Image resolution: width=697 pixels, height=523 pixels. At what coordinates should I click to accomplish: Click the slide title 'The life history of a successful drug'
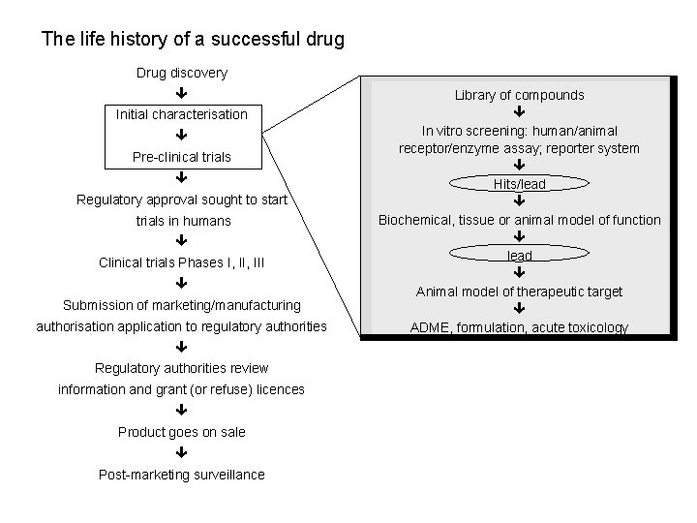(193, 41)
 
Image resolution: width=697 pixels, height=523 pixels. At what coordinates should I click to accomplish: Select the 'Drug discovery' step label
(182, 73)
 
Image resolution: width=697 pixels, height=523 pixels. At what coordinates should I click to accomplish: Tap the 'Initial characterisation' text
(182, 114)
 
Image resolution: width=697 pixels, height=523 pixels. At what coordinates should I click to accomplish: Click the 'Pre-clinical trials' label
(182, 157)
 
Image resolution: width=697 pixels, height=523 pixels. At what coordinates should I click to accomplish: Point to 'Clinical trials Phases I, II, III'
(182, 262)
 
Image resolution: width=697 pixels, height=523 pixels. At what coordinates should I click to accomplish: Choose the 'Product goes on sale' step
(182, 432)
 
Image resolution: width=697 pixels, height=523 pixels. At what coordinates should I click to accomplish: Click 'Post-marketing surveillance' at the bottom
(182, 474)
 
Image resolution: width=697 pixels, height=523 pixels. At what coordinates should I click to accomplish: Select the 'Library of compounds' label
(520, 95)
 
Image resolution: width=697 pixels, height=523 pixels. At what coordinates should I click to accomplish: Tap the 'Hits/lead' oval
(520, 183)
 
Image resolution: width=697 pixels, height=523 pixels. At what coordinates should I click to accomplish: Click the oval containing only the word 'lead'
(520, 256)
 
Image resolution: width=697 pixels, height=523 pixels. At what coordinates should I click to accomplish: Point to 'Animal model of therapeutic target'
(520, 292)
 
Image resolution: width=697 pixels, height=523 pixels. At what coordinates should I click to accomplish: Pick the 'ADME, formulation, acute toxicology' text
(520, 327)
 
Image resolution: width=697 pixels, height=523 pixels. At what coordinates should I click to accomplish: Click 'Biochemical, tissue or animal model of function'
(520, 220)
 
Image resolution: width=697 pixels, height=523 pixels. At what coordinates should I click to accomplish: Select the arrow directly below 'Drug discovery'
(182, 94)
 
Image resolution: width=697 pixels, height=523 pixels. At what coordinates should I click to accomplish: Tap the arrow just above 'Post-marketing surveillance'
(182, 452)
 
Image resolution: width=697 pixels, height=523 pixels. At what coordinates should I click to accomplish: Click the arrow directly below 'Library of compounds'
(520, 112)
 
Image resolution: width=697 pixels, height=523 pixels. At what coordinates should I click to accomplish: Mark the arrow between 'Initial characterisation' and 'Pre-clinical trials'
(182, 136)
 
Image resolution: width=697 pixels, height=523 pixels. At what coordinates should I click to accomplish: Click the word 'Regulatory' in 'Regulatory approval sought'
(109, 200)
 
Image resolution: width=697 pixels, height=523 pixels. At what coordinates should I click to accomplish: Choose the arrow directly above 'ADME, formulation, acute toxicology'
(520, 309)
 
